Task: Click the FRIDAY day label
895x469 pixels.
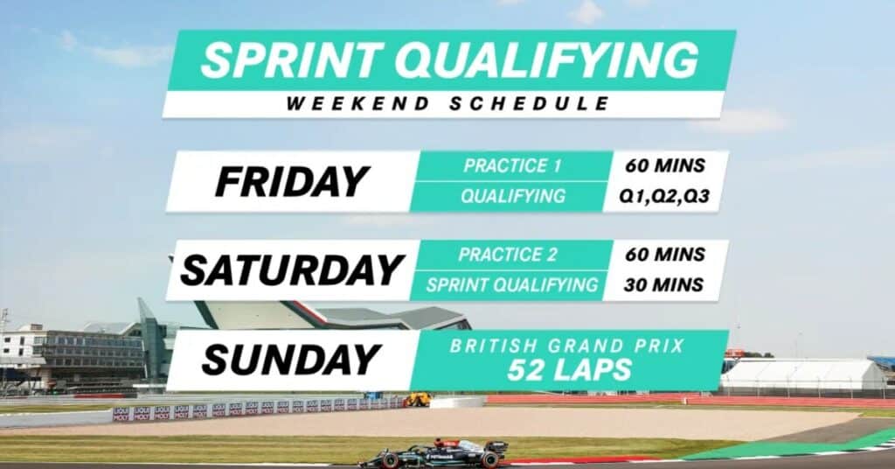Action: coord(291,181)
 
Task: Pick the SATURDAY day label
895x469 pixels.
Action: coord(291,270)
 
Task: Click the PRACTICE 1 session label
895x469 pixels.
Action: coord(513,165)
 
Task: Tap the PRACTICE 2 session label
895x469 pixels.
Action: coord(513,255)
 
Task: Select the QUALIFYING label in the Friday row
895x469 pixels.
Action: coord(513,196)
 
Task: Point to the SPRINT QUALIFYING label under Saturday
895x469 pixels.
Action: coord(513,284)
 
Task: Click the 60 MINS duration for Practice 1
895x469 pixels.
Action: coord(665,165)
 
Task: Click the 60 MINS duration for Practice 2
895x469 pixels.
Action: coord(665,255)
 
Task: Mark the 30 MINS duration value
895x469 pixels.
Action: coord(665,284)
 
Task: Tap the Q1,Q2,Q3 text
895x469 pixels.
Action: coord(665,196)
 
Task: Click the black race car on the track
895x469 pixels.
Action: coord(434,454)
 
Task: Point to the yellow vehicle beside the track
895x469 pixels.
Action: coord(416,399)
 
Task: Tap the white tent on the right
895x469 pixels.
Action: coord(802,374)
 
